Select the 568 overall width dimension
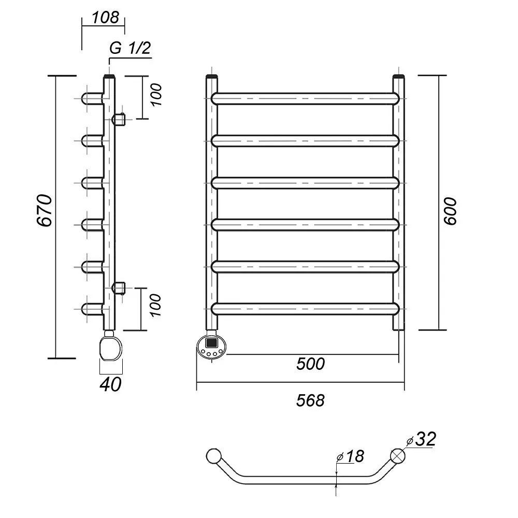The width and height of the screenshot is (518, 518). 310,400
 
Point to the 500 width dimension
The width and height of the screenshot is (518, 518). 310,364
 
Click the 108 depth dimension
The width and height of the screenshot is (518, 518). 105,17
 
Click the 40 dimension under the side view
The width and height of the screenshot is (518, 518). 111,384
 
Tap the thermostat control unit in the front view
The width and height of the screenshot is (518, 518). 212,346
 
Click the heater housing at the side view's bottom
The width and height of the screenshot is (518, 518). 111,347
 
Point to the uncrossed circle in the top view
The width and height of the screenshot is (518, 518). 213,456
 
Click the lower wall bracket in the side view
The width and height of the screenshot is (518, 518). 119,287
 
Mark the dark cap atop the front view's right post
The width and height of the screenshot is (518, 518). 398,78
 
